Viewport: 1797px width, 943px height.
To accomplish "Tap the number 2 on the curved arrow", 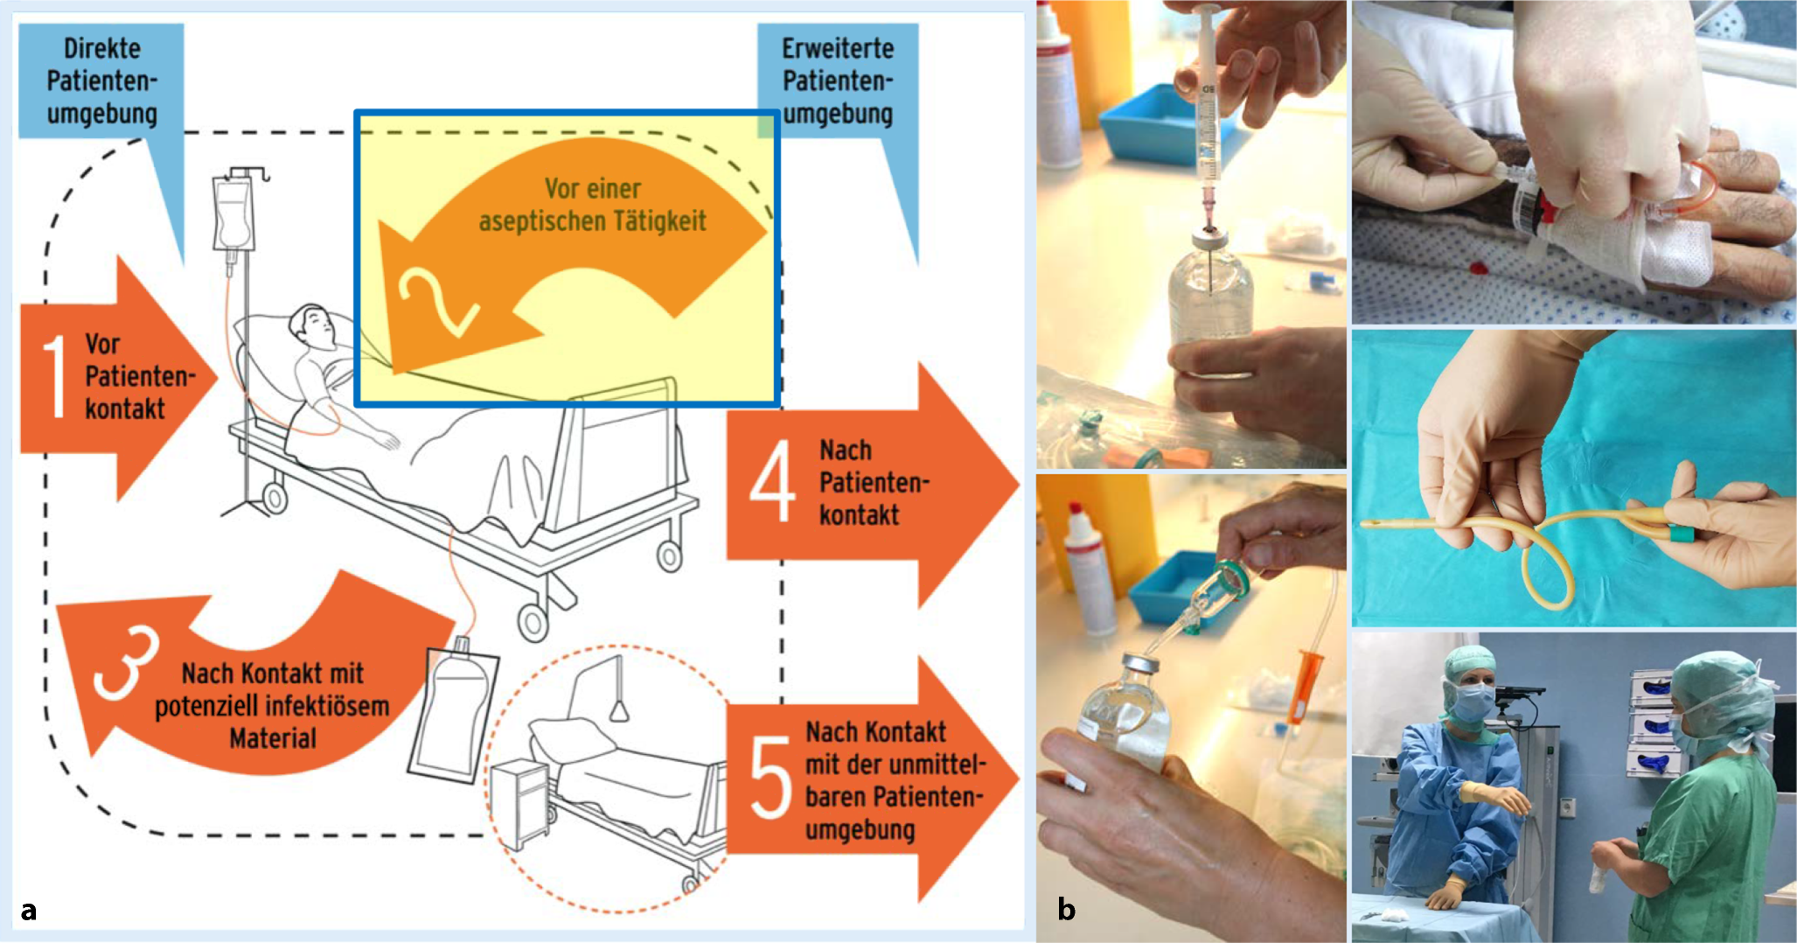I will pyautogui.click(x=436, y=301).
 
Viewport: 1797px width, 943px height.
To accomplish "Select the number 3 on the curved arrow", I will pyautogui.click(x=128, y=665).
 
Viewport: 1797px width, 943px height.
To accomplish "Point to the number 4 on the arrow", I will pyautogui.click(x=771, y=480).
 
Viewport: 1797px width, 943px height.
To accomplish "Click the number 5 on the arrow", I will pyautogui.click(x=770, y=777).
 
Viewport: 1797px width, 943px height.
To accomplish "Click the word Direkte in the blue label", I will pyautogui.click(x=101, y=48).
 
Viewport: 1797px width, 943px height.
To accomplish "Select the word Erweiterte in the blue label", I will pyautogui.click(x=837, y=48).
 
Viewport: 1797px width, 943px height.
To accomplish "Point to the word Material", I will pyautogui.click(x=273, y=738).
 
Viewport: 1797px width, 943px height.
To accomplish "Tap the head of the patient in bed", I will pyautogui.click(x=312, y=327).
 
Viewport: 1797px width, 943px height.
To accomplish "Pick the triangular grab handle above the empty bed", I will pyautogui.click(x=619, y=710).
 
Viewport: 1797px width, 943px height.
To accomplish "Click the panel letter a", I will pyautogui.click(x=29, y=910).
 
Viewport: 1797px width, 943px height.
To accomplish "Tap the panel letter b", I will pyautogui.click(x=1066, y=909).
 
